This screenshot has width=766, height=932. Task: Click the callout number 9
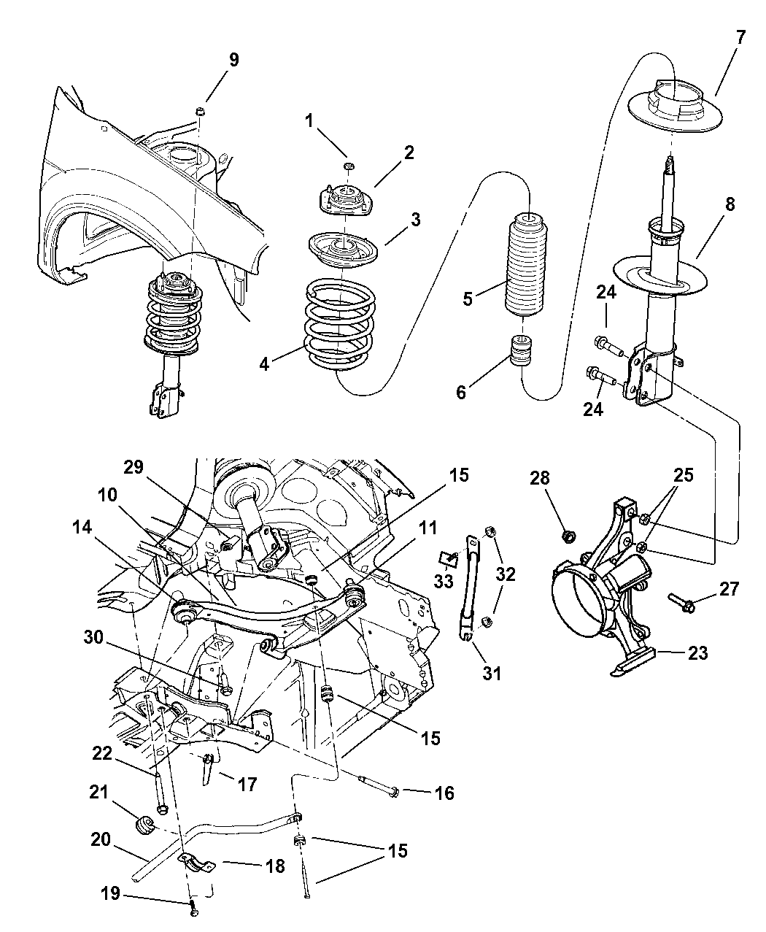click(x=233, y=61)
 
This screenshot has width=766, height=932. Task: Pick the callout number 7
click(x=740, y=37)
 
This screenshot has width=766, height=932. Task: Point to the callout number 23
click(x=698, y=652)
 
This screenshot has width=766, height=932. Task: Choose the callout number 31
click(x=492, y=671)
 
